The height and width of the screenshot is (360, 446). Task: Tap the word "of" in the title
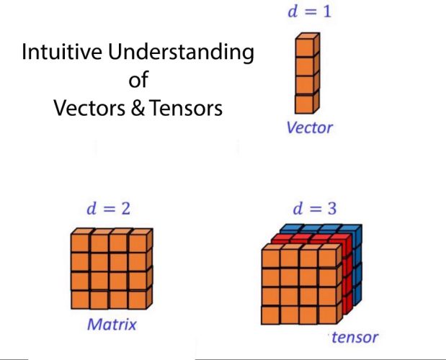tap(138, 80)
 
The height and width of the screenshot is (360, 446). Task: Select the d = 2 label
tap(107, 210)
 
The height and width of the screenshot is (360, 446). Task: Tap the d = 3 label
tap(313, 210)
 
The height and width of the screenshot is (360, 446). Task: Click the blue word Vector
tap(309, 128)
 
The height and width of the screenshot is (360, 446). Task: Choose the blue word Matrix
tap(112, 324)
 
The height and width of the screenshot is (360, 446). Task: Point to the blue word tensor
tap(354, 336)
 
